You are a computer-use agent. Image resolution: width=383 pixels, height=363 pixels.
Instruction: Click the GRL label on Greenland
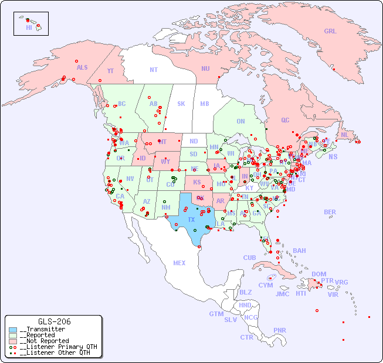(330, 32)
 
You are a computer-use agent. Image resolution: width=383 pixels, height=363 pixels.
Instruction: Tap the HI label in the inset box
(29, 28)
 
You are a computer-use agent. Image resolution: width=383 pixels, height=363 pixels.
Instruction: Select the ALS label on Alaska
(82, 67)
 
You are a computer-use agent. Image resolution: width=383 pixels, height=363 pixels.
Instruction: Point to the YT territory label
(110, 71)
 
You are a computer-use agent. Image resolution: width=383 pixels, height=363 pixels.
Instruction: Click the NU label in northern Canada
(205, 69)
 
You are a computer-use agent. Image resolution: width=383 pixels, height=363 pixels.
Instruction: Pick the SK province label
(181, 104)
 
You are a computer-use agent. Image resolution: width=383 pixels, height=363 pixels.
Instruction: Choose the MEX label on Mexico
(179, 263)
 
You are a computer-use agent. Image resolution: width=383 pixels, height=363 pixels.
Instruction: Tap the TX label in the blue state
(191, 220)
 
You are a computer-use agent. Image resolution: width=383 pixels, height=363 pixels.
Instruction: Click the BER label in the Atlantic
(330, 212)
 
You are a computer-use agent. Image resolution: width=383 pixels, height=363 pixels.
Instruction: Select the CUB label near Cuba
(249, 258)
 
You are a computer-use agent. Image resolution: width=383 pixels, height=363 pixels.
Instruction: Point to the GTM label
(216, 314)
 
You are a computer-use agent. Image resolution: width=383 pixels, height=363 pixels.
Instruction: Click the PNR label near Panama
(280, 330)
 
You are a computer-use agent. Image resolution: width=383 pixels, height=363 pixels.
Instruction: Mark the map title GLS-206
(54, 321)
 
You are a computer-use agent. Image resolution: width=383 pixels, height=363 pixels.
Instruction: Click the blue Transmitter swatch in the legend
(13, 330)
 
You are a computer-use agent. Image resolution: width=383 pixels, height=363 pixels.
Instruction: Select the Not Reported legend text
(44, 341)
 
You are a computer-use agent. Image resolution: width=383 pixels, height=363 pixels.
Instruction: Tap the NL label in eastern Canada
(345, 134)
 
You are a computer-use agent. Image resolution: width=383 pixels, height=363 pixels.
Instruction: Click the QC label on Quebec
(285, 120)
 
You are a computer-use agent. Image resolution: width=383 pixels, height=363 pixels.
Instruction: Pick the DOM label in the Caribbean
(318, 274)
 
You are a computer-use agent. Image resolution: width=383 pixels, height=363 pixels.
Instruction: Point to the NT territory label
(154, 69)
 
